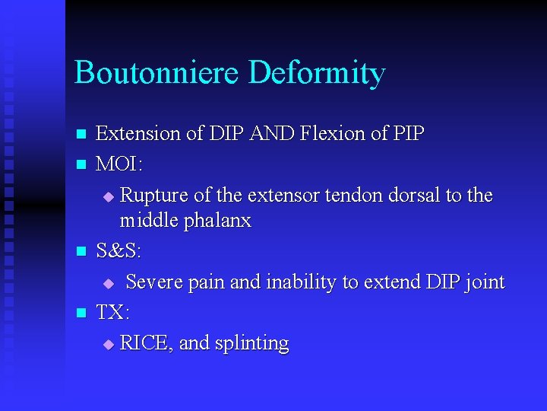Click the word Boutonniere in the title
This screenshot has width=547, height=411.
pos(157,74)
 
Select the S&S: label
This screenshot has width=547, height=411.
pos(119,251)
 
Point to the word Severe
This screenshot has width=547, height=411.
pos(154,282)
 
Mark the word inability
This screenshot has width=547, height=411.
pos(302,282)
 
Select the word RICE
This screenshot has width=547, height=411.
pos(145,343)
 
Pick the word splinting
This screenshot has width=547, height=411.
pos(251,344)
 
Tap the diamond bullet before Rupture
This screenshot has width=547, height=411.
pos(107,197)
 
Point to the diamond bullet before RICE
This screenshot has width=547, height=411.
pos(107,345)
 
